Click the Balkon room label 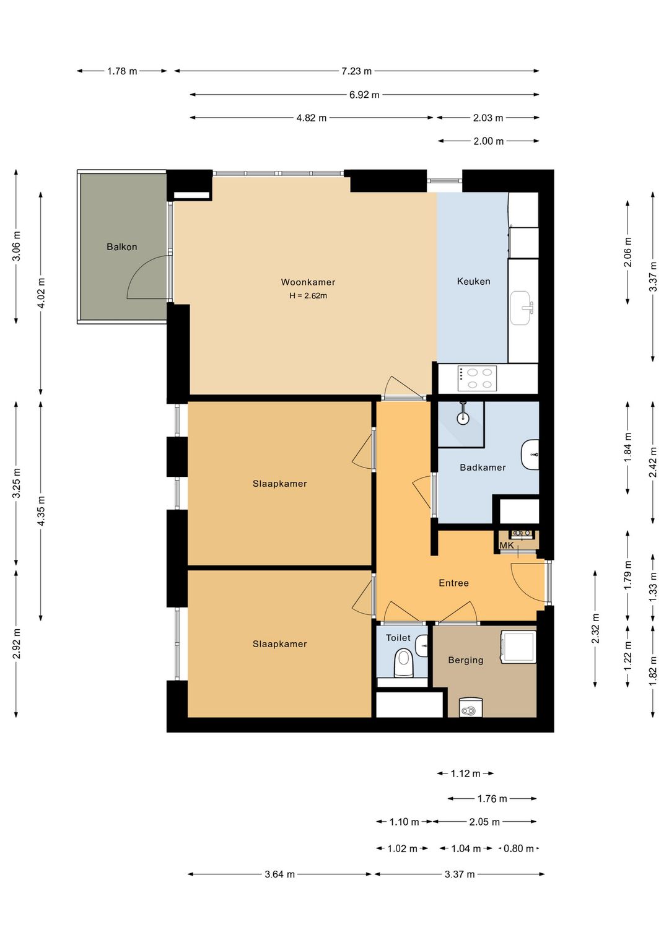[121, 247]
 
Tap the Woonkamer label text [308, 282]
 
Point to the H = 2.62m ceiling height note [308, 296]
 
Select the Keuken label [474, 281]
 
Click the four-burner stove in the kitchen [478, 378]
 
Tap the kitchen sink [521, 308]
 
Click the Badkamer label [483, 468]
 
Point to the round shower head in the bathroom [463, 418]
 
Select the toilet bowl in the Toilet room [403, 663]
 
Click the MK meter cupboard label [507, 546]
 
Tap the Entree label [453, 583]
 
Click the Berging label [466, 660]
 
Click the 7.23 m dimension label [357, 71]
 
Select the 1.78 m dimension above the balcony [122, 71]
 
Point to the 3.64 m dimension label [279, 874]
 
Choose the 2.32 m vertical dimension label [595, 629]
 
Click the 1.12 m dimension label [465, 773]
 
